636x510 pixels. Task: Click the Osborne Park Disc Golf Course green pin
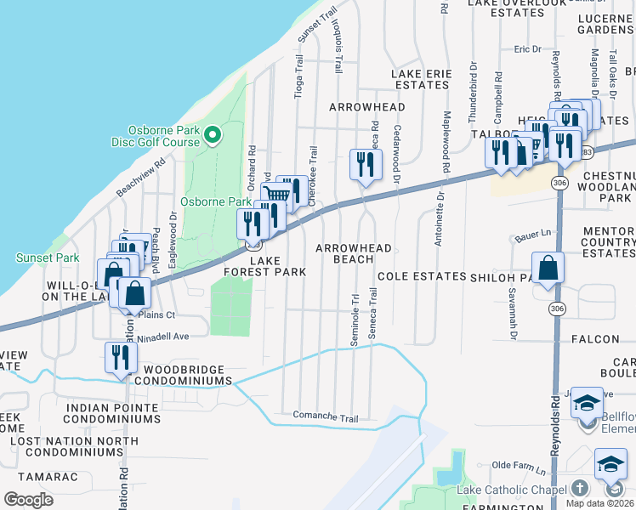point(212,134)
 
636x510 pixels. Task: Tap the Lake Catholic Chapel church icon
point(579,488)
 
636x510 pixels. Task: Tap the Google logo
point(28,500)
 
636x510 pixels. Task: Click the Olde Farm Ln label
point(521,466)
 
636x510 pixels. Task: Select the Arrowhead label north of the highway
point(366,107)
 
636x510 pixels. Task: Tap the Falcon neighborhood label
point(607,338)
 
